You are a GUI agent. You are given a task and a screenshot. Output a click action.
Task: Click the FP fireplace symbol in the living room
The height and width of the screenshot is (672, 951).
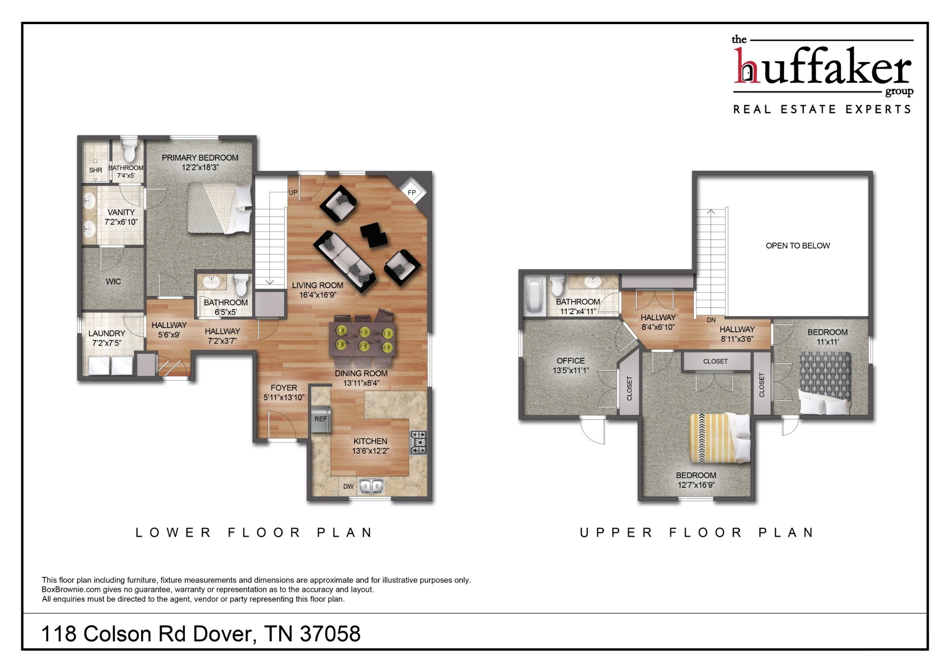[x=411, y=192]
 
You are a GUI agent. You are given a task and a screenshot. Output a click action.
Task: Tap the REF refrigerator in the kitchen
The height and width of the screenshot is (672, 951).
[x=320, y=419]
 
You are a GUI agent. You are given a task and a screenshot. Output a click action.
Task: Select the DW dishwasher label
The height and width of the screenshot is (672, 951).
[x=348, y=486]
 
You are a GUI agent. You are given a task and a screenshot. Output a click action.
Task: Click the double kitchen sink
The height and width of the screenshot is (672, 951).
[x=371, y=486]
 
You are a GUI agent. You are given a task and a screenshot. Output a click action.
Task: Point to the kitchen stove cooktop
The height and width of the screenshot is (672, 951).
[x=418, y=442]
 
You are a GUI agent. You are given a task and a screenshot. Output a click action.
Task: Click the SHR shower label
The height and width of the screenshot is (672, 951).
[x=96, y=170]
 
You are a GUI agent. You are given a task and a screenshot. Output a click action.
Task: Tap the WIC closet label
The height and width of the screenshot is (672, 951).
[x=113, y=281]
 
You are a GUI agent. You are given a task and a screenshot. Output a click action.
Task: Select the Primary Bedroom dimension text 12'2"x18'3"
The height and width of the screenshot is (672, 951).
[x=200, y=168]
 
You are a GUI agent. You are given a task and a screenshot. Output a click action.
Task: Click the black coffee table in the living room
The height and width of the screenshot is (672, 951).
[x=374, y=235]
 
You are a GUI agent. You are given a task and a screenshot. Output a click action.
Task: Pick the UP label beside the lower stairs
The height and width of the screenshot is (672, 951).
[x=293, y=192]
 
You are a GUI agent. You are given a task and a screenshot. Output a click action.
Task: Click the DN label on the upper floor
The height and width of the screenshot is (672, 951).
[x=711, y=320]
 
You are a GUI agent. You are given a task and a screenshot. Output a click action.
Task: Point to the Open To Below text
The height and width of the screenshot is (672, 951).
[x=797, y=246]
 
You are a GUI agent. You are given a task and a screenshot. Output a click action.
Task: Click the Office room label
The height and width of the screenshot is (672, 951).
[x=571, y=361]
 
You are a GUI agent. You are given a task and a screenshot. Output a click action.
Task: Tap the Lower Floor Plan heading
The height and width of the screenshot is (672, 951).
[x=254, y=532]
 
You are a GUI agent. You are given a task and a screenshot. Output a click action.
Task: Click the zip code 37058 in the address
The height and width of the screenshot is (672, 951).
[x=330, y=634]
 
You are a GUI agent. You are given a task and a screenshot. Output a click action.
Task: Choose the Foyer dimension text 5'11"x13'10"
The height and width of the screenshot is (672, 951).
[x=284, y=397]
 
